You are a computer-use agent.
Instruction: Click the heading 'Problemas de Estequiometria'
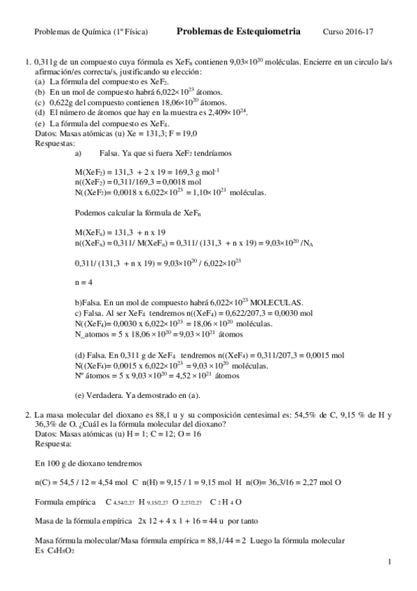pos(239,31)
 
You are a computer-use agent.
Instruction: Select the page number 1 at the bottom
pos(390,561)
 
